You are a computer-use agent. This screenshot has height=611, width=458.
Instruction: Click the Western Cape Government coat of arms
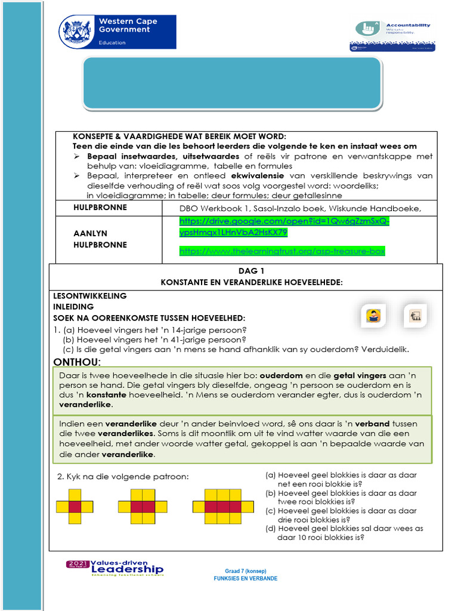pyautogui.click(x=77, y=31)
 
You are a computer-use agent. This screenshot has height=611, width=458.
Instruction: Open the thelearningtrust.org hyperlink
pyautogui.click(x=282, y=251)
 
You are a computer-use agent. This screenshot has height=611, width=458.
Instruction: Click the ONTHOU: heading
pyautogui.click(x=77, y=363)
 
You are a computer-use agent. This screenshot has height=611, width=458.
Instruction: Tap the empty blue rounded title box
pyautogui.click(x=232, y=84)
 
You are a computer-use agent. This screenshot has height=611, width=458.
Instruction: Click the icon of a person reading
pyautogui.click(x=373, y=316)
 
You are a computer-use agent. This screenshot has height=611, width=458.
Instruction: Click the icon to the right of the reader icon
pyautogui.click(x=415, y=316)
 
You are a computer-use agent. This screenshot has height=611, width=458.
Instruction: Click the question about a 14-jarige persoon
pyautogui.click(x=154, y=330)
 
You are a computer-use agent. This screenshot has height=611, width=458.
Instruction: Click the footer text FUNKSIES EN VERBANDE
pyautogui.click(x=245, y=578)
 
